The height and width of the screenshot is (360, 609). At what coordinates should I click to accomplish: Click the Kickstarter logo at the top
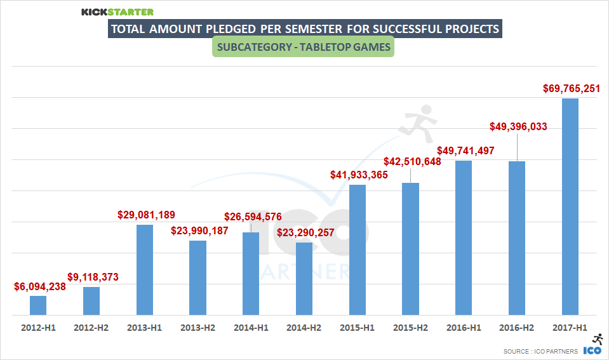[x=117, y=11]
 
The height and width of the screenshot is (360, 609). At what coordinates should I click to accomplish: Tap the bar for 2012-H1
[x=38, y=305]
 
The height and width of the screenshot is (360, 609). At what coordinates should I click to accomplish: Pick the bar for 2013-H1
[x=145, y=270]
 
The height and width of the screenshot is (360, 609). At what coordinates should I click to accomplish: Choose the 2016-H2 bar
[x=517, y=238]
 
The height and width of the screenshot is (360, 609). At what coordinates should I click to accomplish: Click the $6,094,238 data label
[x=40, y=287]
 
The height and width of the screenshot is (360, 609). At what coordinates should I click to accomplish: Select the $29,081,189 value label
[x=146, y=215]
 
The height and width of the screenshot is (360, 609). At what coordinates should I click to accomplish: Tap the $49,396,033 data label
[x=518, y=126]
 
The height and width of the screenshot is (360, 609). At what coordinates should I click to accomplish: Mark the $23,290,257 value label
[x=305, y=232]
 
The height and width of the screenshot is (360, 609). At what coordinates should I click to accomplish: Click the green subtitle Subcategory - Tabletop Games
[x=304, y=48]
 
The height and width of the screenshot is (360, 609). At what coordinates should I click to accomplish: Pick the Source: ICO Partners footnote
[x=540, y=350]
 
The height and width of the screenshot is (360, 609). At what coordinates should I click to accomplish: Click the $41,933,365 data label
[x=359, y=175]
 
